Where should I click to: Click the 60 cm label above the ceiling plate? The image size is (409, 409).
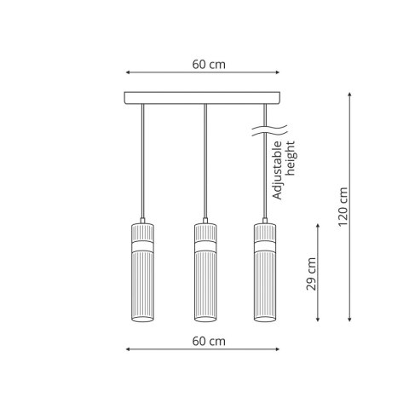click(209, 65)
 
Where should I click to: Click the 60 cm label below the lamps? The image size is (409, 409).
click(209, 341)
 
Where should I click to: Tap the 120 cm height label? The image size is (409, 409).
click(343, 207)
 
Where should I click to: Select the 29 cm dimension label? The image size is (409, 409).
click(311, 274)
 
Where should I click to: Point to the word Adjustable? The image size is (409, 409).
click(278, 170)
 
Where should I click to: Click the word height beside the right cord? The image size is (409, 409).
click(291, 158)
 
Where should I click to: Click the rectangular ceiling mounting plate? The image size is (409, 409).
click(202, 98)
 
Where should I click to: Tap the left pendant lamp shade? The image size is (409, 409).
click(142, 273)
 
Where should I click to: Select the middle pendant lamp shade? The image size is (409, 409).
click(205, 273)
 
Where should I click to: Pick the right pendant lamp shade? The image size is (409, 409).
click(265, 273)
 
